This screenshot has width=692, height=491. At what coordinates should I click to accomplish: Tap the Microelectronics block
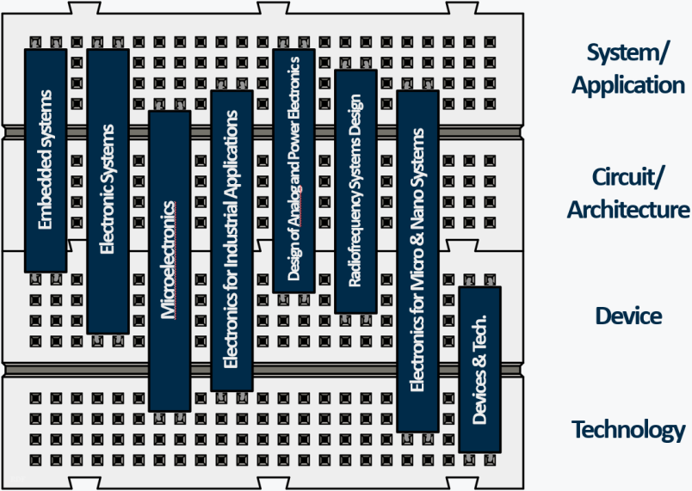[170, 261]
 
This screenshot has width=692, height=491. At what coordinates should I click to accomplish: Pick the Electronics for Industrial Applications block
[232, 241]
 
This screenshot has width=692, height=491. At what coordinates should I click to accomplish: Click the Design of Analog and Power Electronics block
[293, 170]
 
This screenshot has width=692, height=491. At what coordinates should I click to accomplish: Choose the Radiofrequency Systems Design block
[355, 191]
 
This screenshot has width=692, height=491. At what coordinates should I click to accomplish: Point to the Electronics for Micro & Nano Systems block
[417, 261]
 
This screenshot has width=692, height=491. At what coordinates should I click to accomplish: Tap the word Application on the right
[628, 85]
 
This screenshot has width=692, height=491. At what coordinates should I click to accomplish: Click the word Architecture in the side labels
[628, 209]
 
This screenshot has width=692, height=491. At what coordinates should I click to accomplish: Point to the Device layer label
[628, 316]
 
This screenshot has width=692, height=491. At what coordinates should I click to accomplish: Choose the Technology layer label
[628, 430]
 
